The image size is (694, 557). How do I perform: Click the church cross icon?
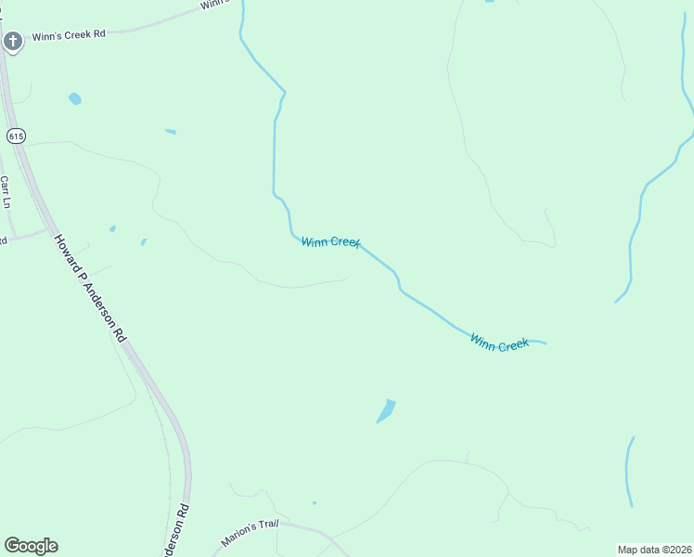click(12, 41)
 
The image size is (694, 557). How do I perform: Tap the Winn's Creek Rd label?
click(70, 35)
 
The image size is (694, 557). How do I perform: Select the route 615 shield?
click(15, 136)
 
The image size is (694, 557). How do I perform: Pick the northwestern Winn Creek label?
click(330, 241)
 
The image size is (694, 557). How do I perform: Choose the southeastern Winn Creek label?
click(499, 343)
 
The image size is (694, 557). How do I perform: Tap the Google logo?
click(31, 546)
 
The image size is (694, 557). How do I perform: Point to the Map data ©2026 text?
click(655, 550)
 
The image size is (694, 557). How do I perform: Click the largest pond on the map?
click(386, 410)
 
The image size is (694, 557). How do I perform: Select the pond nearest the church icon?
click(74, 98)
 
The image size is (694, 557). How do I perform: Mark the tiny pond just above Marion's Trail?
click(315, 503)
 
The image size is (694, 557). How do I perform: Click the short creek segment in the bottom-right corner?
click(629, 472)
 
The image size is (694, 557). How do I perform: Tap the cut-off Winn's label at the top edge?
click(214, 5)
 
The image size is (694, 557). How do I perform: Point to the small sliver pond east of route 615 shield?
click(170, 132)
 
